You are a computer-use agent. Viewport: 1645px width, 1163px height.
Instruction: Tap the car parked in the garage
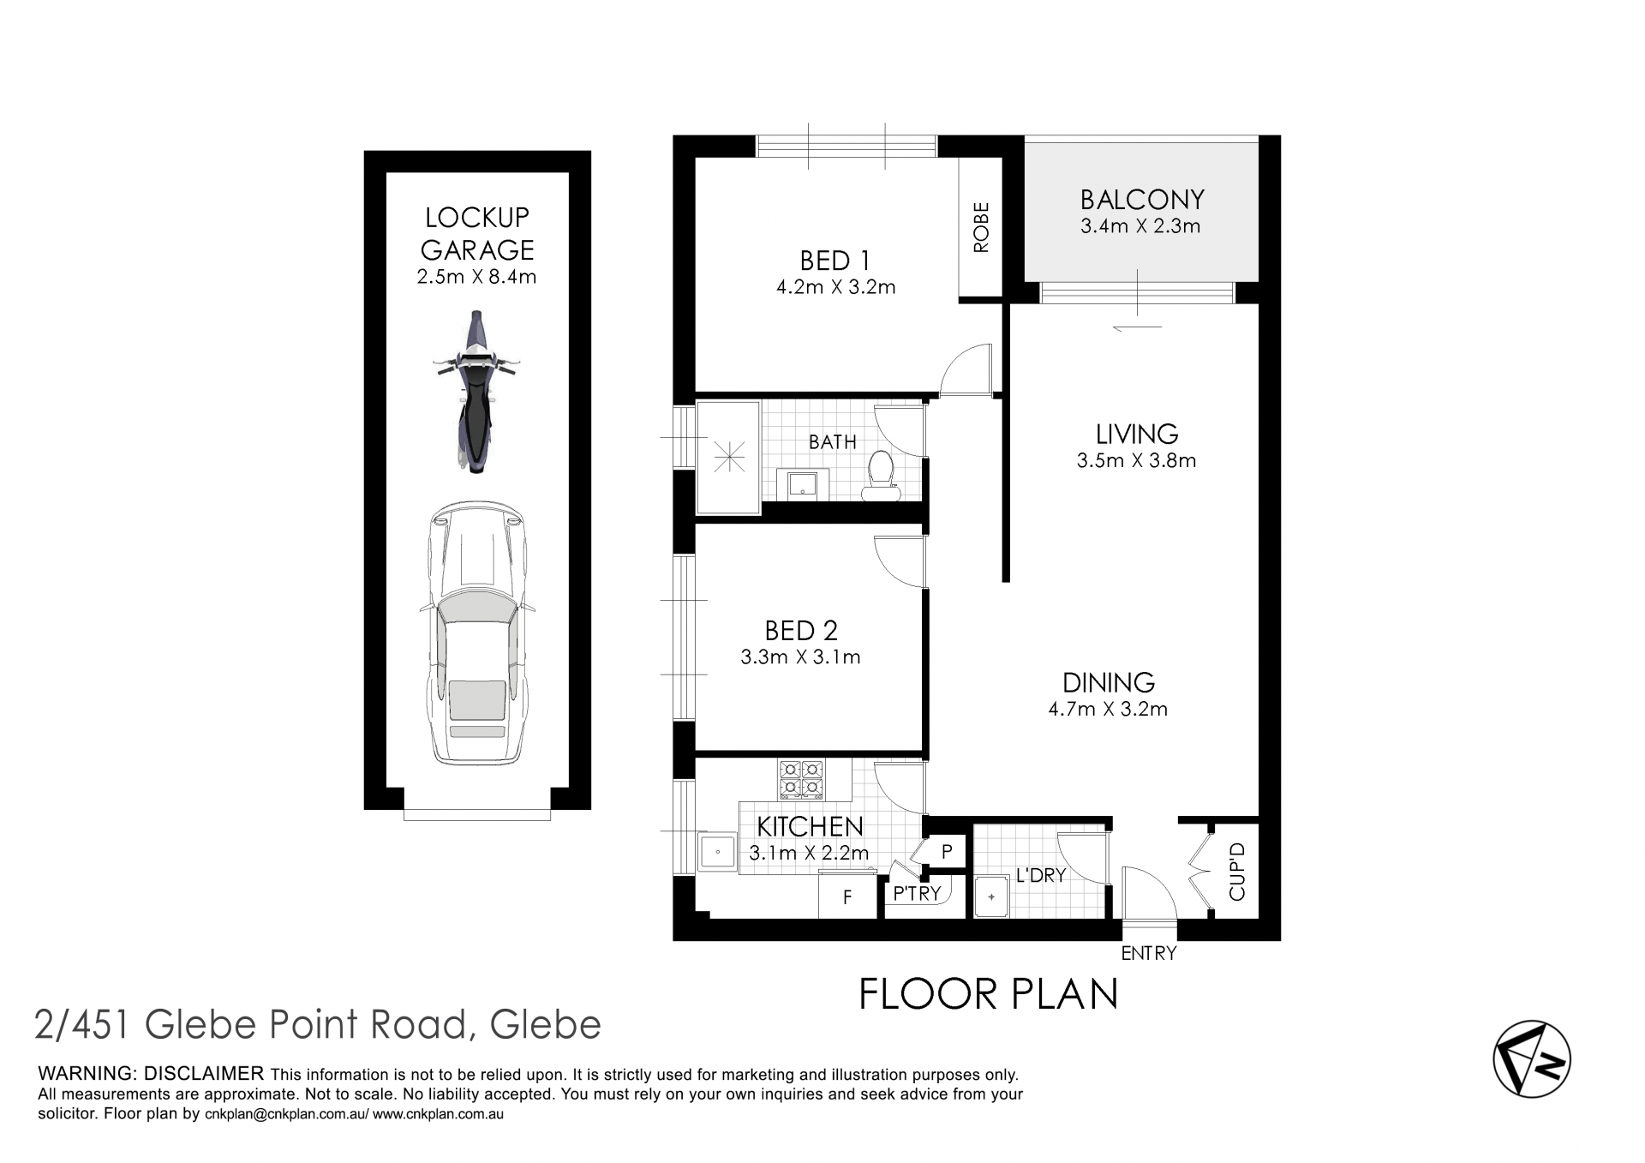click(x=477, y=632)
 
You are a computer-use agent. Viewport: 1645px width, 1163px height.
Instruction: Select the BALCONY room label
click(x=1142, y=200)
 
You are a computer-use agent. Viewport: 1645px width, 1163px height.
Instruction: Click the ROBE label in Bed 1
click(x=981, y=227)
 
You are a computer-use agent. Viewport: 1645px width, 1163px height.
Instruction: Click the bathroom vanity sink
click(x=803, y=483)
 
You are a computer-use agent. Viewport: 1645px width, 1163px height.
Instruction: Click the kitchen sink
click(x=717, y=851)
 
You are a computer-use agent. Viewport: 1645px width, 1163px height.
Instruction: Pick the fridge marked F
click(x=847, y=896)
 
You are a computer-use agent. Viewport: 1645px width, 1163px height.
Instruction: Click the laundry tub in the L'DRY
click(x=992, y=896)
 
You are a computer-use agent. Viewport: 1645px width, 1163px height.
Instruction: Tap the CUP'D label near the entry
click(x=1236, y=872)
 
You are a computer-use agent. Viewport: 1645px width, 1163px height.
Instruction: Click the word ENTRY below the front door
click(x=1149, y=953)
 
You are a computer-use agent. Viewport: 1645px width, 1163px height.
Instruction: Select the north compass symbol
click(x=1532, y=1059)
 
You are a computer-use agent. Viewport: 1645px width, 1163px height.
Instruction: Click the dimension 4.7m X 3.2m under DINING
click(x=1108, y=709)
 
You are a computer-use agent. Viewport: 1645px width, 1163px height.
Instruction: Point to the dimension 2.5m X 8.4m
click(x=476, y=277)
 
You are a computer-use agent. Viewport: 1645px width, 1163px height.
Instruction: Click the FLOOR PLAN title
click(x=989, y=994)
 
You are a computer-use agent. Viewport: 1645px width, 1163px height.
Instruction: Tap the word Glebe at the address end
click(x=545, y=1024)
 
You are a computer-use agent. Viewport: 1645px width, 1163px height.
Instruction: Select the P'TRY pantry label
click(x=917, y=893)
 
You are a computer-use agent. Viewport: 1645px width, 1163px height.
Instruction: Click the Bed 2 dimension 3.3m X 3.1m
click(x=800, y=657)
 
